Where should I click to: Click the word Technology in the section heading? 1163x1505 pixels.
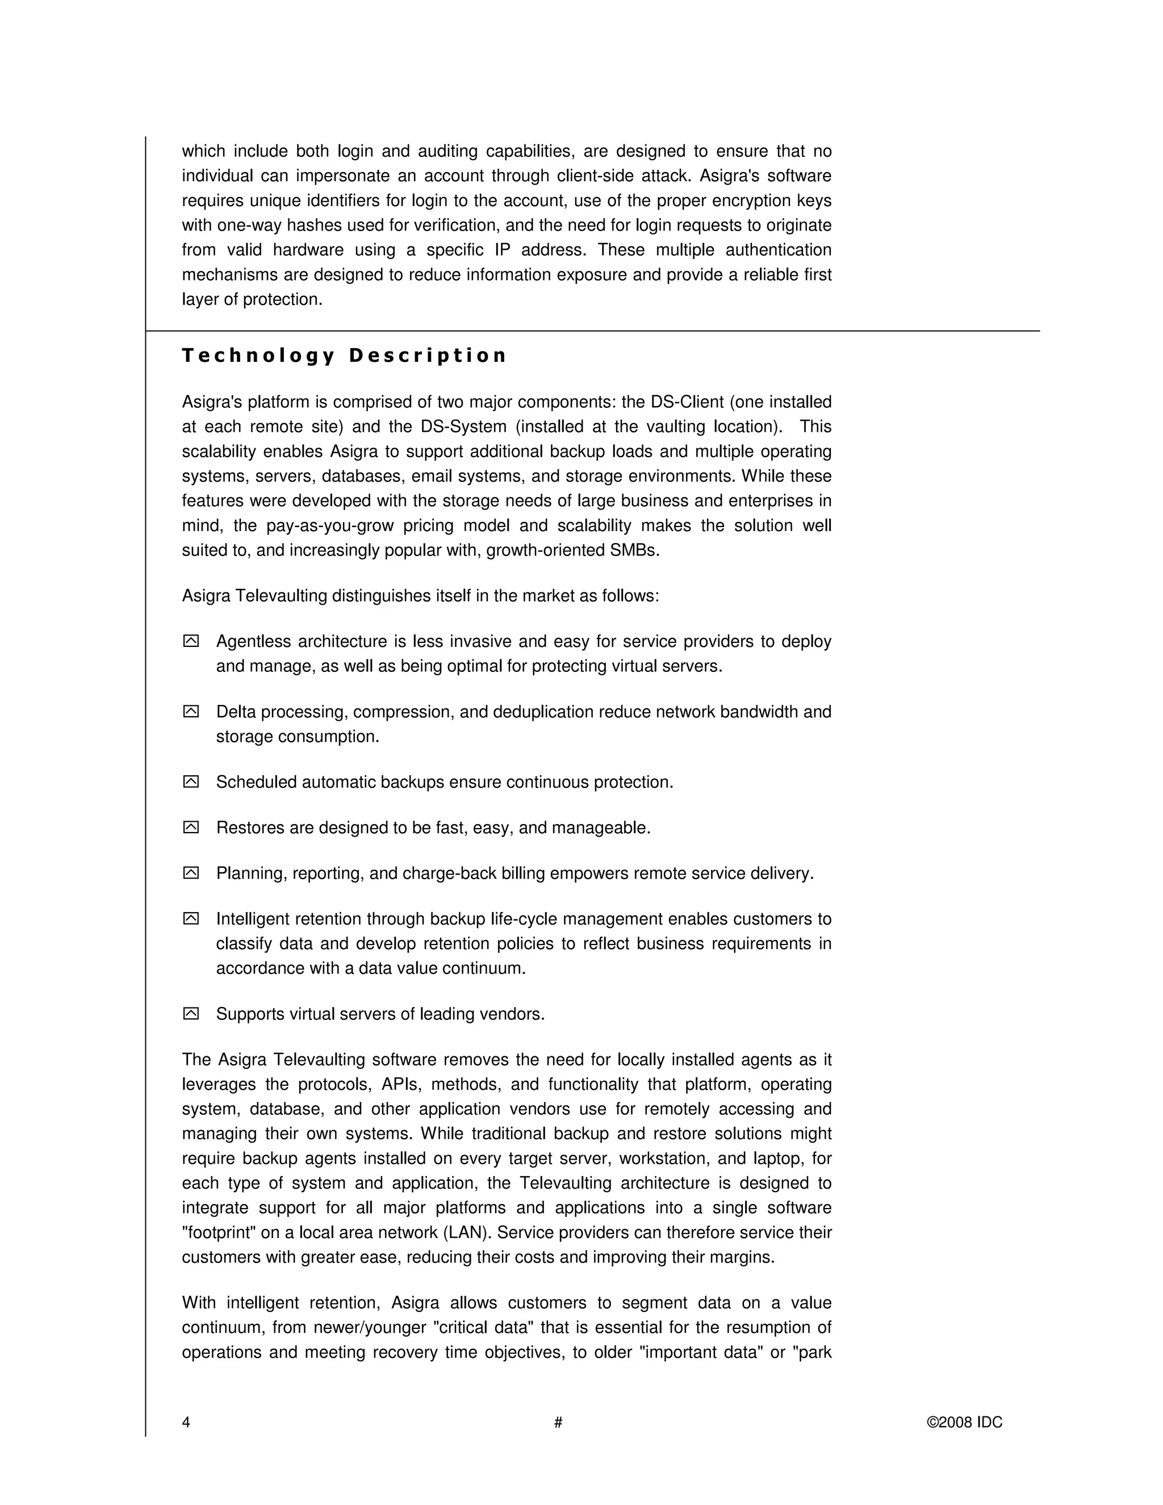258,356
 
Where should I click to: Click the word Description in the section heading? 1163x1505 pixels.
427,356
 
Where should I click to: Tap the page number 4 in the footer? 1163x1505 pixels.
186,1422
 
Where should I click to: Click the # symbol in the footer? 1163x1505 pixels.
558,1422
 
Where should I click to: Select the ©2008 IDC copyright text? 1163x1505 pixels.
965,1422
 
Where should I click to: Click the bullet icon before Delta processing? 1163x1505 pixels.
191,712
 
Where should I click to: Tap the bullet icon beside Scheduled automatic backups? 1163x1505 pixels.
191,782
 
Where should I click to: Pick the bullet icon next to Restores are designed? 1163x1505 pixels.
191,827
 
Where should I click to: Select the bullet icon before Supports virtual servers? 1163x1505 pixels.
191,1014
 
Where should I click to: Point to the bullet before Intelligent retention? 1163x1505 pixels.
191,918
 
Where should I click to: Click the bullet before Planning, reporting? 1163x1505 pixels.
191,873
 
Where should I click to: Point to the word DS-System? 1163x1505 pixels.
465,427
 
